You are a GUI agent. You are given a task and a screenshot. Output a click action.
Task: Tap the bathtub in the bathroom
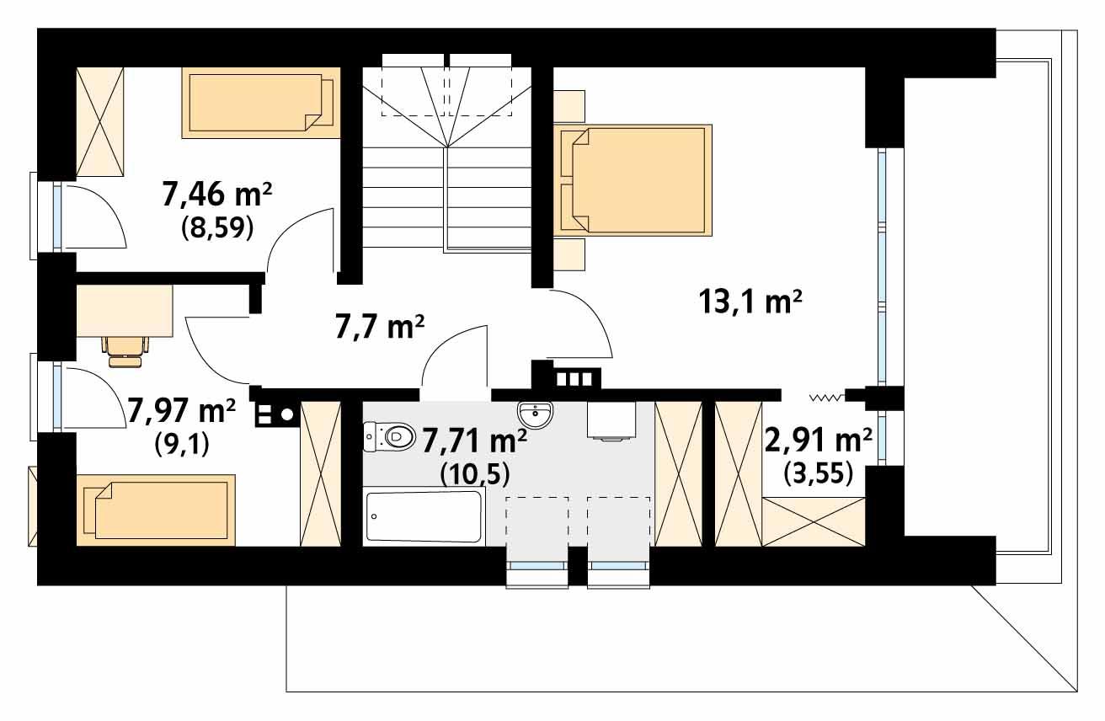click(x=424, y=515)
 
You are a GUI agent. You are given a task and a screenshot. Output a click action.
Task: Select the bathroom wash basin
click(x=536, y=414)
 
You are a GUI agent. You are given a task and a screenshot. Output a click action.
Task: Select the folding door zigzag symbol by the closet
click(x=825, y=397)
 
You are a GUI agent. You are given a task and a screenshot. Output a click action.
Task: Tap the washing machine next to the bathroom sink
click(x=611, y=420)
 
